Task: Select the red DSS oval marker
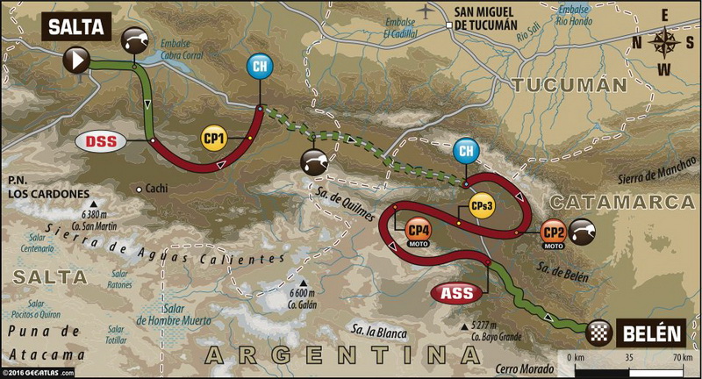(102, 140)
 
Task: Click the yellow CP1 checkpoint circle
(214, 139)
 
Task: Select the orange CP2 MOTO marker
(552, 233)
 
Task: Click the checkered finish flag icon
(598, 332)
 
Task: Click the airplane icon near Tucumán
(426, 10)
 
